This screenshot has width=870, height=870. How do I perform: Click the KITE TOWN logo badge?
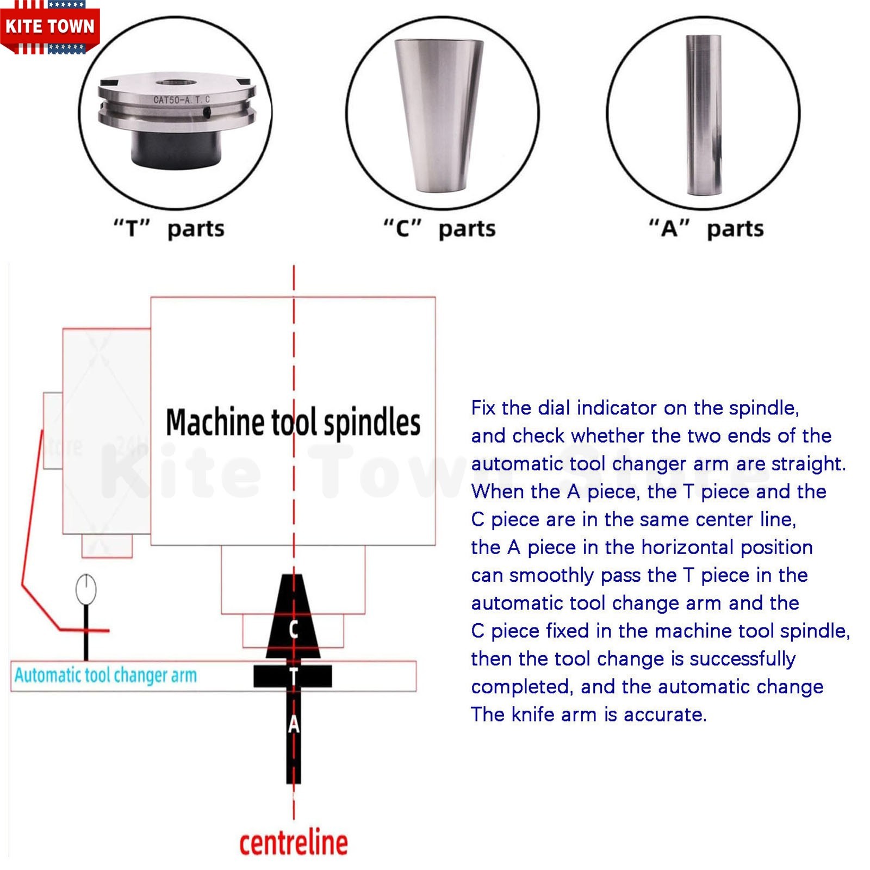(x=49, y=27)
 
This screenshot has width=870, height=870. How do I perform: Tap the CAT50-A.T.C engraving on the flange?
(x=181, y=100)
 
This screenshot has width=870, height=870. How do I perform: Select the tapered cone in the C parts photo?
(x=438, y=115)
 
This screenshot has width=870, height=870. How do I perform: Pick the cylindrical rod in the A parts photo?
(x=704, y=115)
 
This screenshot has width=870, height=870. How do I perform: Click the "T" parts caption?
(x=169, y=228)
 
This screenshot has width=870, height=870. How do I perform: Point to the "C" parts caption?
(x=439, y=228)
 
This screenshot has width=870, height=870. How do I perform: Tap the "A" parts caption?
(x=706, y=228)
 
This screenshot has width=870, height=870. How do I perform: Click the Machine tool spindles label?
(x=293, y=422)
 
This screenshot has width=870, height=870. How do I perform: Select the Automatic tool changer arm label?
(x=105, y=675)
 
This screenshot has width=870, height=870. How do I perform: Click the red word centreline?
(x=294, y=842)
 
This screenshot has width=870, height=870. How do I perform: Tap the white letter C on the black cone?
(x=294, y=629)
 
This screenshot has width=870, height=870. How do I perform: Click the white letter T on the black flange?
(x=294, y=676)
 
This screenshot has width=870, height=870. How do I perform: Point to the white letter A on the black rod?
(x=294, y=724)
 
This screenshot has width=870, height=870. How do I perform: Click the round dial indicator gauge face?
(x=86, y=589)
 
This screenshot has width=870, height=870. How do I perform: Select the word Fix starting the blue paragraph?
(x=483, y=408)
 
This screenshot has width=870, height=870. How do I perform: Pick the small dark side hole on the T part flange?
(x=207, y=112)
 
